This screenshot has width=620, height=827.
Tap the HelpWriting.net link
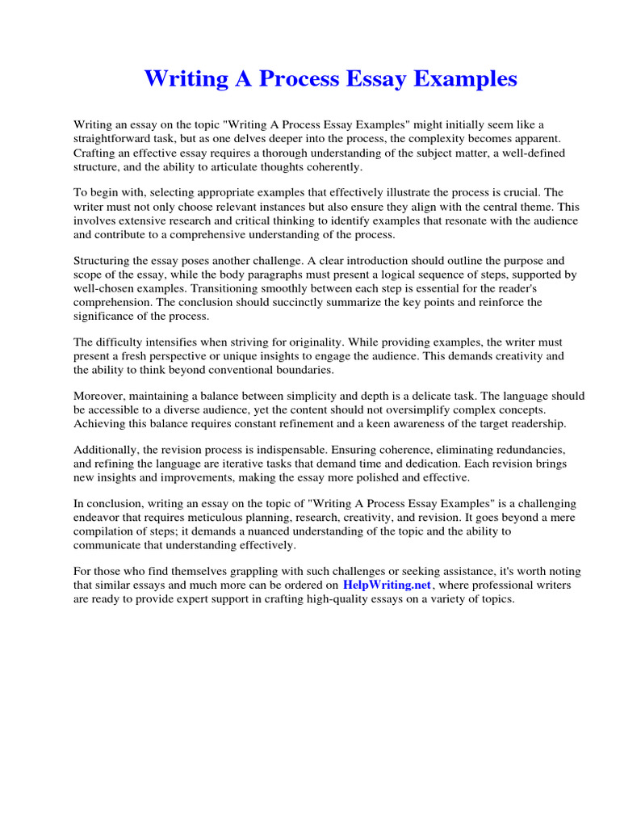tap(387, 585)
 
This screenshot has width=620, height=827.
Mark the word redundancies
tap(526, 450)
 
